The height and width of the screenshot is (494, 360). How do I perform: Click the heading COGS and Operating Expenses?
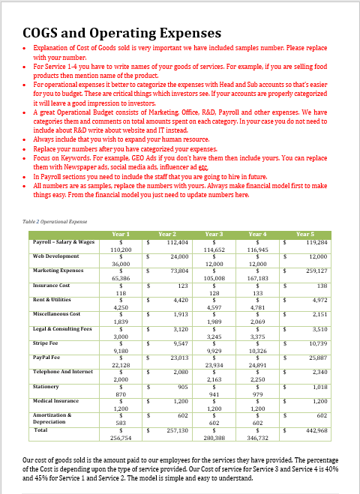(x=122, y=33)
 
